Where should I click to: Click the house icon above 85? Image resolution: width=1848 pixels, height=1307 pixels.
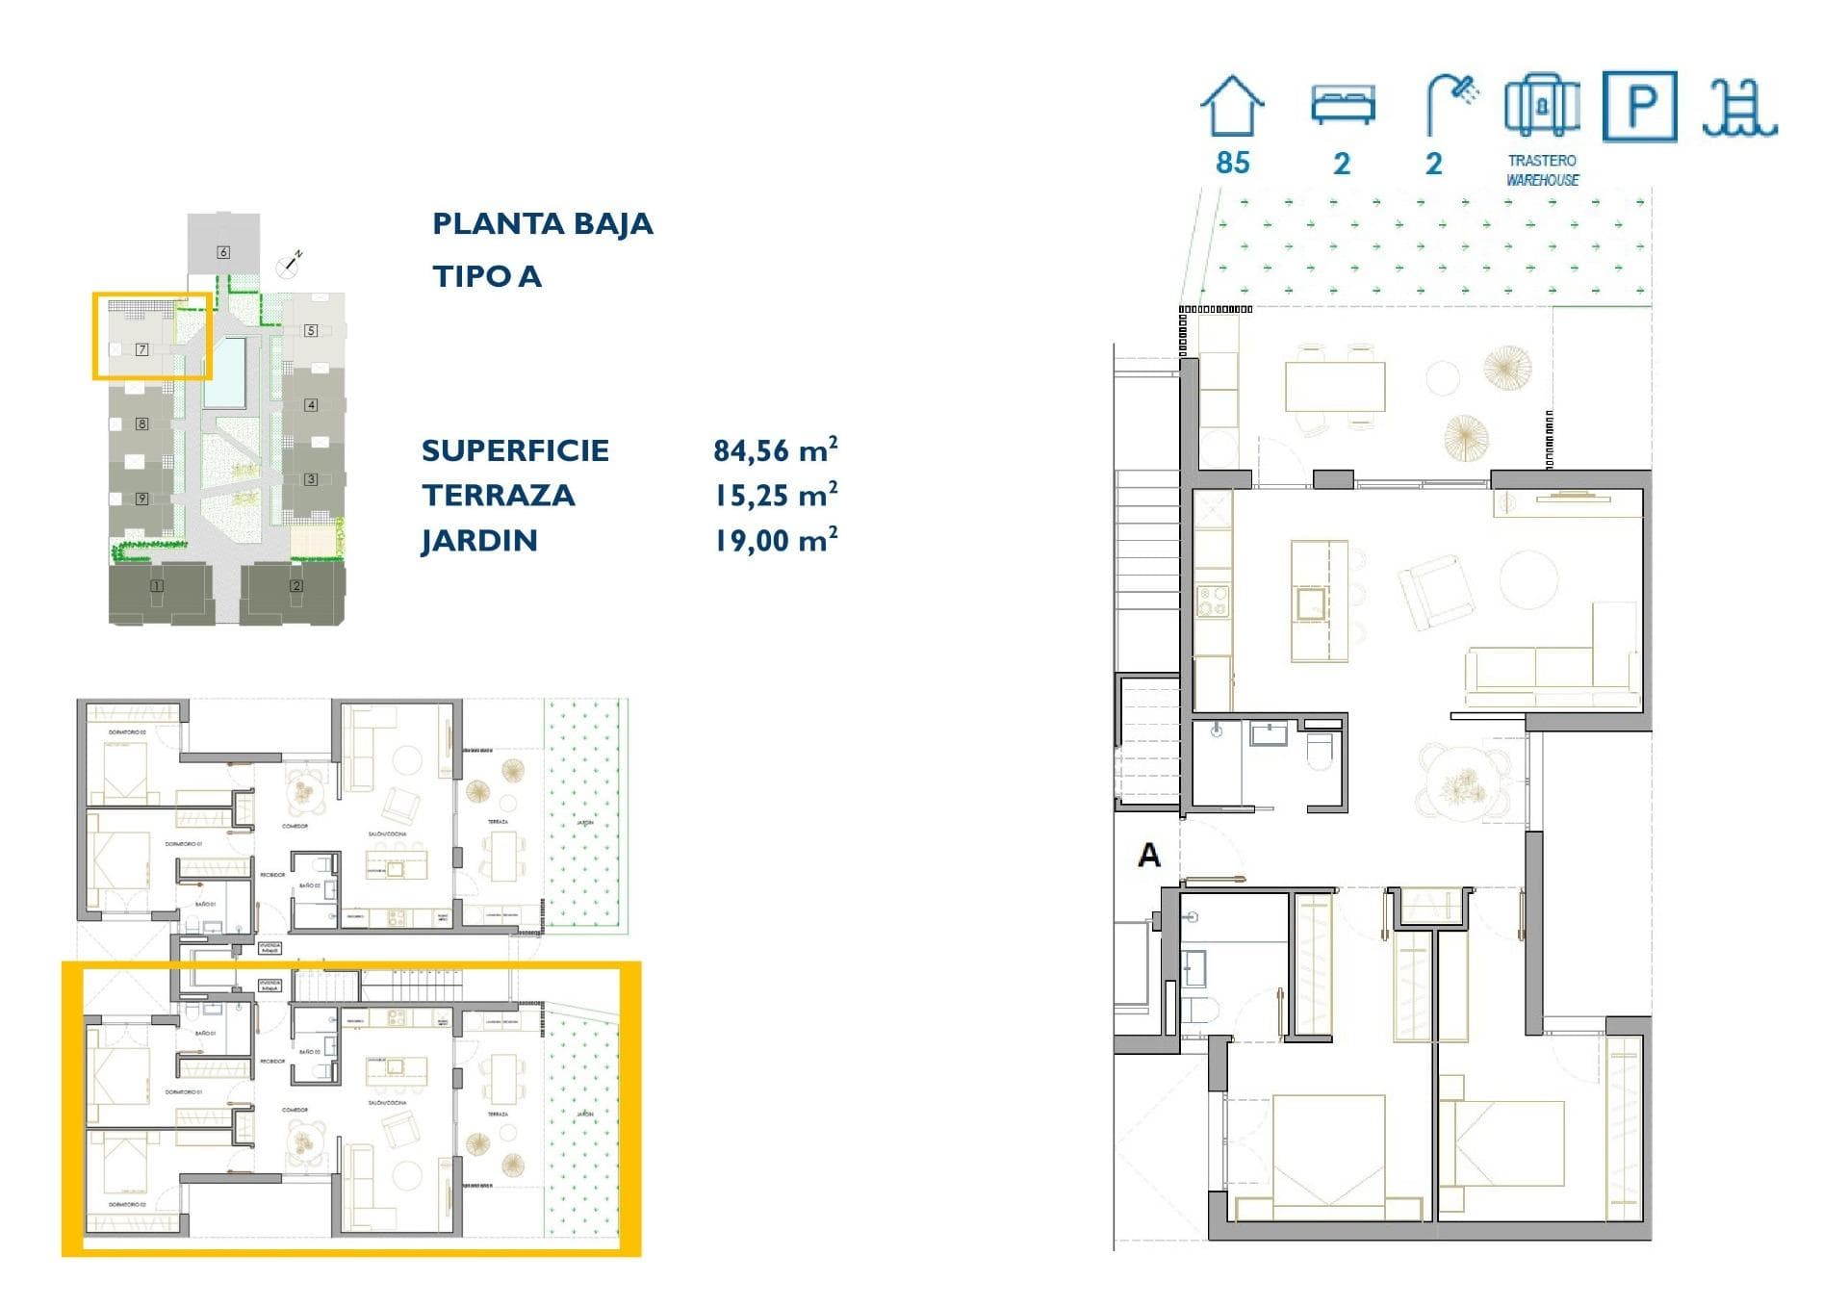pyautogui.click(x=1232, y=106)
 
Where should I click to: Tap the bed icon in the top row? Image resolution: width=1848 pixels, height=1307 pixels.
pyautogui.click(x=1343, y=104)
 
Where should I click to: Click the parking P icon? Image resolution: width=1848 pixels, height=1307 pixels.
pyautogui.click(x=1639, y=106)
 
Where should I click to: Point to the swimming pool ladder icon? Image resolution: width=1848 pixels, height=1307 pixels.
pyautogui.click(x=1738, y=108)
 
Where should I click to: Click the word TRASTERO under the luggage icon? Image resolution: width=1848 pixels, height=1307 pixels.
pyautogui.click(x=1542, y=161)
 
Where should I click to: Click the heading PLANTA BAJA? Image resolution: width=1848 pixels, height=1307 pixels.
pyautogui.click(x=542, y=223)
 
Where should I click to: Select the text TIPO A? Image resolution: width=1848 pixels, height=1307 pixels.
pyautogui.click(x=487, y=276)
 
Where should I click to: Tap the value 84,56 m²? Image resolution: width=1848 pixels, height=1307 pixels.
pyautogui.click(x=775, y=449)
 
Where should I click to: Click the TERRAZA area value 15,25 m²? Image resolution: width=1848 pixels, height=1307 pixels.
pyautogui.click(x=775, y=495)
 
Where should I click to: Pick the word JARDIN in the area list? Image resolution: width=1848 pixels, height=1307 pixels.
pyautogui.click(x=478, y=540)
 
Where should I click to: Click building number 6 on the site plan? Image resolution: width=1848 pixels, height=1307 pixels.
pyautogui.click(x=223, y=252)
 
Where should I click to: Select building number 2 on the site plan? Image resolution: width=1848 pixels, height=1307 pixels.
pyautogui.click(x=296, y=585)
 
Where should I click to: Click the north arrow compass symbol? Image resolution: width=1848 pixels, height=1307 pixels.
pyautogui.click(x=290, y=262)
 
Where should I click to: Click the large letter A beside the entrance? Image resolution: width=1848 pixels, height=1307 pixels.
pyautogui.click(x=1148, y=855)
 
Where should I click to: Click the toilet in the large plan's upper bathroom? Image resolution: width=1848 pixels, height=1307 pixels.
pyautogui.click(x=1320, y=751)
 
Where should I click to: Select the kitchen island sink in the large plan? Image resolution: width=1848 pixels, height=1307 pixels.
pyautogui.click(x=1311, y=603)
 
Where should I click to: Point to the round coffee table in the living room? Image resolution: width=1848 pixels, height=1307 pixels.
pyautogui.click(x=1527, y=578)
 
